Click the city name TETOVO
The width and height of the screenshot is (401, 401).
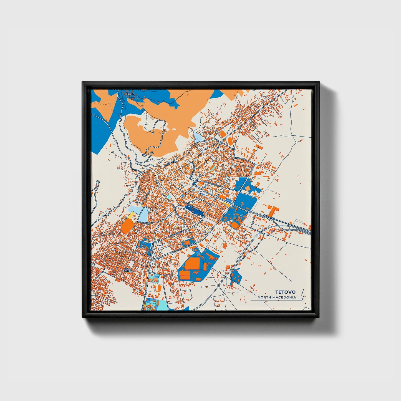285,292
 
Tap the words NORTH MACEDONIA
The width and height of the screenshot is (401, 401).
276,297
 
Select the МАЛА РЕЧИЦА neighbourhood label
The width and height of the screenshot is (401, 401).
128,270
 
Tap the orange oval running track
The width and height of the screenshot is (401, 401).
230,141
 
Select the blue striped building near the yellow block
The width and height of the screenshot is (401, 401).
229,200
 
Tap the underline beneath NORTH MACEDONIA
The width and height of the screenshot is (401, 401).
275,300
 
